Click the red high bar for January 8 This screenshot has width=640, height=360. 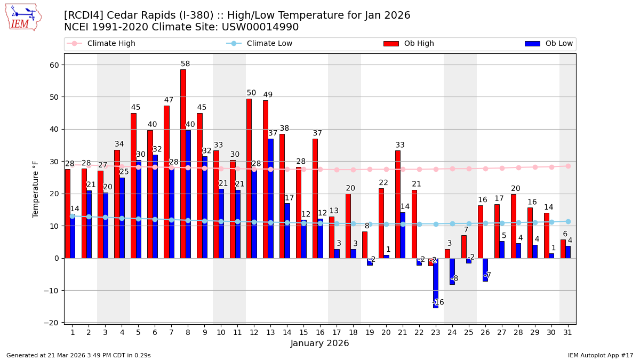[183, 164]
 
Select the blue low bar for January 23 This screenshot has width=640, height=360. [436, 283]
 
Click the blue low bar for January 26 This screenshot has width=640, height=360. [485, 270]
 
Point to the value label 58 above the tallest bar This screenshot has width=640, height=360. [185, 64]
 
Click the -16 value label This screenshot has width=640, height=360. [438, 302]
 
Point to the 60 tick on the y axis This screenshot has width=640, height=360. [54, 65]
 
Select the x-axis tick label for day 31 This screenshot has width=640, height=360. [567, 332]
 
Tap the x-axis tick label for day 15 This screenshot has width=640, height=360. [303, 332]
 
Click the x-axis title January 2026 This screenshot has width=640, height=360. [319, 343]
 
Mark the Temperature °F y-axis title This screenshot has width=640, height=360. [36, 189]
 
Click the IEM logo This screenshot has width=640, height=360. [23, 17]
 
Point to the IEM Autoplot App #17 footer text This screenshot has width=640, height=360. [600, 355]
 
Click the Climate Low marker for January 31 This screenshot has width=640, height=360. [568, 221]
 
